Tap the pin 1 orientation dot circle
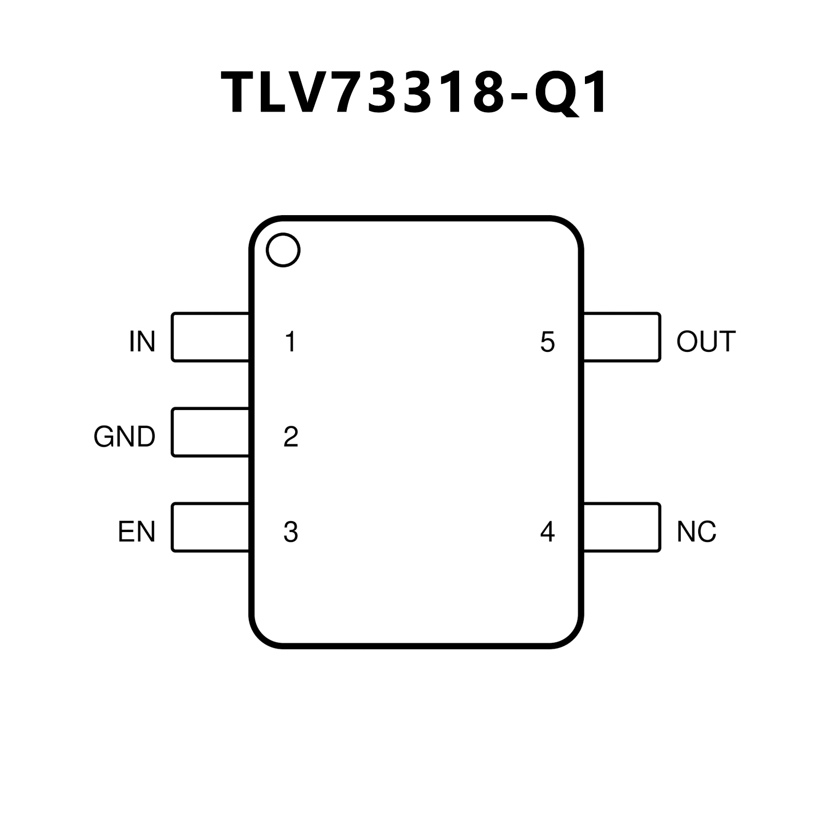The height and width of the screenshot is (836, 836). pyautogui.click(x=283, y=250)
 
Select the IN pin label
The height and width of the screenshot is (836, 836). pyautogui.click(x=142, y=341)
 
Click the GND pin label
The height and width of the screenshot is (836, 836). pyautogui.click(x=125, y=437)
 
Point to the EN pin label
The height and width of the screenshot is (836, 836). pyautogui.click(x=137, y=532)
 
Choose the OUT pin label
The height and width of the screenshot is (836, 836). pyautogui.click(x=706, y=341)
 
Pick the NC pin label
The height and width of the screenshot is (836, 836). pyautogui.click(x=696, y=532)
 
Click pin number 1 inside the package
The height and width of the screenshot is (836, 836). pyautogui.click(x=290, y=341)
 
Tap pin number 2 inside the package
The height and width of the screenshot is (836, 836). pyautogui.click(x=291, y=437)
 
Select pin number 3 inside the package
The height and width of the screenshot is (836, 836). pyautogui.click(x=291, y=532)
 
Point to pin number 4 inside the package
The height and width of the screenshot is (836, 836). pyautogui.click(x=547, y=532)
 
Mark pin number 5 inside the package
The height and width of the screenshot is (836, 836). pyautogui.click(x=547, y=341)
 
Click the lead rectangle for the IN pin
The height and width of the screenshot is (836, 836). pyautogui.click(x=210, y=337)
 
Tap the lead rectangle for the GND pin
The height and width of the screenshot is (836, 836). pyautogui.click(x=210, y=432)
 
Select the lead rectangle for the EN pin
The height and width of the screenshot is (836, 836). pyautogui.click(x=210, y=527)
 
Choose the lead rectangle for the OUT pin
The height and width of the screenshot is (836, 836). pyautogui.click(x=622, y=337)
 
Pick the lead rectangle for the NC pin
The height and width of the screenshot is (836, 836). pyautogui.click(x=622, y=527)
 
